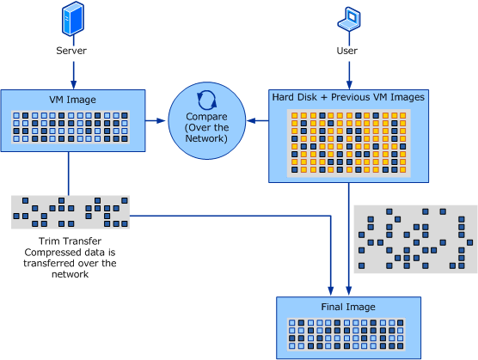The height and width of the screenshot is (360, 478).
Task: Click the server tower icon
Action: tap(73, 18)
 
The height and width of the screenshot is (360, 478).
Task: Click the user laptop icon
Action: tap(349, 19)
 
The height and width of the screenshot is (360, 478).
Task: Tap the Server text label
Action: tap(71, 51)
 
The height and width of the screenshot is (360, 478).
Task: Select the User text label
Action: tap(347, 51)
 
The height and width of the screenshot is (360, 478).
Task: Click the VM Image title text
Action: tap(72, 100)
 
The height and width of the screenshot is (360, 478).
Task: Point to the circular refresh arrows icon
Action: tap(206, 101)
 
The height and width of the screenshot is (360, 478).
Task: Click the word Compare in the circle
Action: tap(206, 117)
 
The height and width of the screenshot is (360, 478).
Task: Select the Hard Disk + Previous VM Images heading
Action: tap(348, 97)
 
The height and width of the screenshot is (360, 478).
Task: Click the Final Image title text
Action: tap(348, 307)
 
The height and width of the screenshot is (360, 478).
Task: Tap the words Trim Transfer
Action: tap(70, 241)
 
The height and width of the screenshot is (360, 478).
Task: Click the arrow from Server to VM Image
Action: tap(73, 76)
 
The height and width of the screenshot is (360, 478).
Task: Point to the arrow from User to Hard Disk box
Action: tap(349, 76)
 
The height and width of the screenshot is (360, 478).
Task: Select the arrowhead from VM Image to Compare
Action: tap(161, 120)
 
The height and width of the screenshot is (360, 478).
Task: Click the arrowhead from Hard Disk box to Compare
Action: tap(251, 121)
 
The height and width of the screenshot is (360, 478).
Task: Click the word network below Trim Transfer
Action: tap(70, 274)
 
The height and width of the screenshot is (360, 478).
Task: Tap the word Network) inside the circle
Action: tap(206, 138)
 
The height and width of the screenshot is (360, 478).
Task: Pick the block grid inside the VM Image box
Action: tap(70, 127)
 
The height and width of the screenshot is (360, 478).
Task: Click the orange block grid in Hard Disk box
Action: tap(349, 143)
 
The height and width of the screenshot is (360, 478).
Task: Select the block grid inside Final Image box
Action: tap(346, 334)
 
